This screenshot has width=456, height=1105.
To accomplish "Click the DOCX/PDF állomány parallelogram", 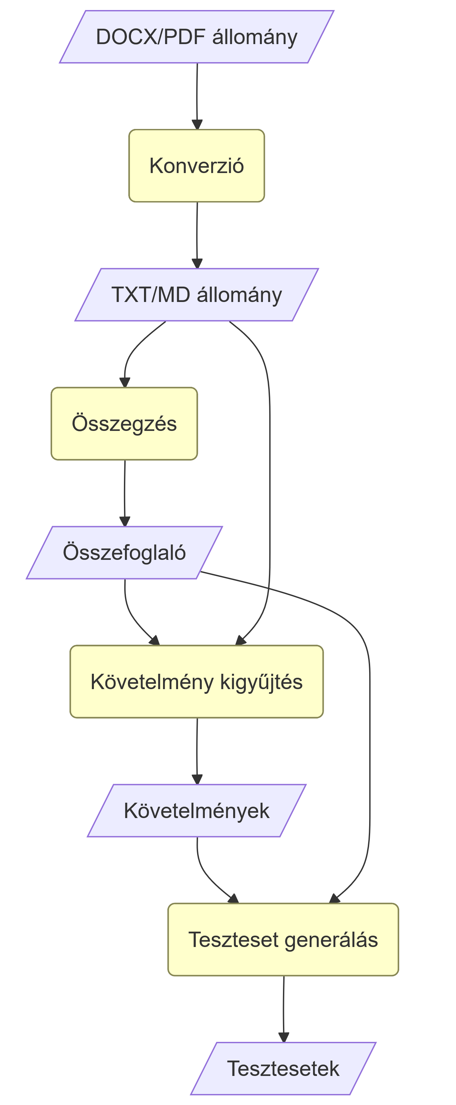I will (x=196, y=37).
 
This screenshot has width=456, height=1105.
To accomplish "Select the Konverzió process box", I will (x=196, y=166).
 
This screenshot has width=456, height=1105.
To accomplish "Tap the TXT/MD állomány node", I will (x=196, y=295).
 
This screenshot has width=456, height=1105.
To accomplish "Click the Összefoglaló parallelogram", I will (x=124, y=552).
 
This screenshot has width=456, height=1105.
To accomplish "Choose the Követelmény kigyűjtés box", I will (x=196, y=682).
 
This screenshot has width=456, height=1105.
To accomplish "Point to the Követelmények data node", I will (x=196, y=811).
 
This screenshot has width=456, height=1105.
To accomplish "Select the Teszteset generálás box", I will (x=283, y=939).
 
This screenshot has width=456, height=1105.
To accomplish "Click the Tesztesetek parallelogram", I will (x=283, y=1069).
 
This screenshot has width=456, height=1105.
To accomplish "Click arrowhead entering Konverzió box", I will (x=197, y=125).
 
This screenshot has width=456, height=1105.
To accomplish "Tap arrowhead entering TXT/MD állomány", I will (x=197, y=264).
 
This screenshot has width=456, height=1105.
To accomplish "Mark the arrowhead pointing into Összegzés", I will (x=125, y=382).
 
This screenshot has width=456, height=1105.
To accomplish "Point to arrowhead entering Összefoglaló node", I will (x=125, y=522).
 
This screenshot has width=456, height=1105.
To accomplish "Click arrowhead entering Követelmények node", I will (x=197, y=780).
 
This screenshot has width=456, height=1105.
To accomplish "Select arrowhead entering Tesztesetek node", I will (x=284, y=1038).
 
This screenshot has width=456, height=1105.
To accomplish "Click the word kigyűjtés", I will (x=261, y=682).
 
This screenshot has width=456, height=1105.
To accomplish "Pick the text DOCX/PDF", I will (x=151, y=37).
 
